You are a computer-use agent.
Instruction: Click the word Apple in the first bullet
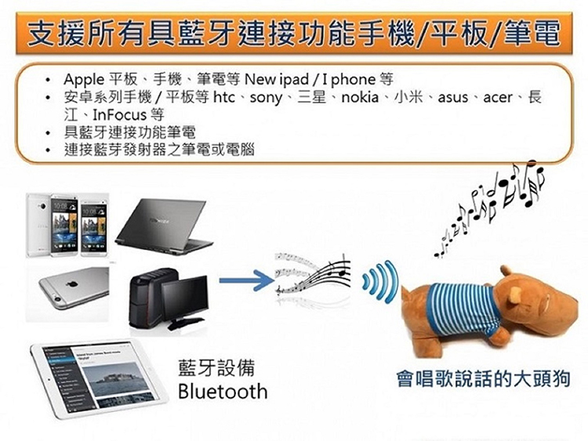84,80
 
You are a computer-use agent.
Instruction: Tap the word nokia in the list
360,97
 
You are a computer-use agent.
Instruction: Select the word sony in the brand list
267,98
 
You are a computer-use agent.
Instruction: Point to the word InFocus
119,114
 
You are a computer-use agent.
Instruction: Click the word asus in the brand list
453,98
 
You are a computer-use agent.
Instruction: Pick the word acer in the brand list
498,98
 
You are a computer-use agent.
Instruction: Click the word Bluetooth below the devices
223,392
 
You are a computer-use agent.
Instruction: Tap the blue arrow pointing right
246,280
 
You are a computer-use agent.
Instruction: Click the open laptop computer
164,226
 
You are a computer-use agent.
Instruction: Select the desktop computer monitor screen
185,298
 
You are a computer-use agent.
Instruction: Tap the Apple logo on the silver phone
72,284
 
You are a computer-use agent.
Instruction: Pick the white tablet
100,378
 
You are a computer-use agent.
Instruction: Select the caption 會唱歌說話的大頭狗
484,378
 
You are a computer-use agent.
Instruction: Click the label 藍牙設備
216,367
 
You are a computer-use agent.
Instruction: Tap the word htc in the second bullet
224,97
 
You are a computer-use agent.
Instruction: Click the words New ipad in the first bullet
277,80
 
